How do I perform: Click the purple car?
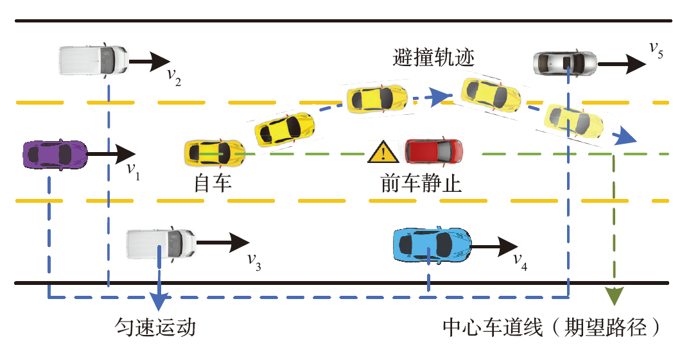click(55, 154)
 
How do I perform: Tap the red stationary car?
click(433, 151)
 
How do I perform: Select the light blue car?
click(431, 243)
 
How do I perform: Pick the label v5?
click(655, 49)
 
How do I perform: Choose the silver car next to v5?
click(564, 63)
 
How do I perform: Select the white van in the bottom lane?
click(161, 243)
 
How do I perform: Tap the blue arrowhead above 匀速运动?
click(159, 302)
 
